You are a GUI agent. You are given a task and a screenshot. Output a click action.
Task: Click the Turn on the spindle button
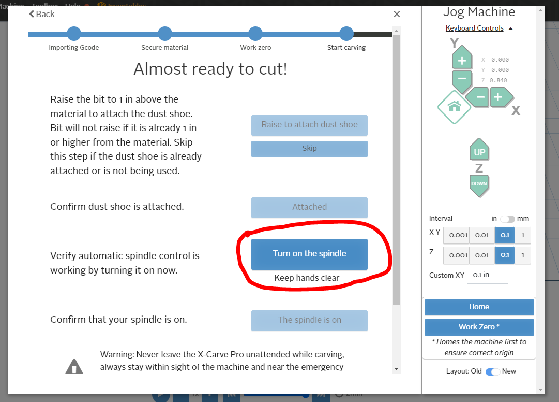[309, 254]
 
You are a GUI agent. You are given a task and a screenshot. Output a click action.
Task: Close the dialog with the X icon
[397, 14]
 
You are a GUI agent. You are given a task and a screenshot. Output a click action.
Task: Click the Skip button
[309, 149]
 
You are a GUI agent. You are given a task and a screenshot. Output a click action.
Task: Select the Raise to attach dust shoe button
[309, 125]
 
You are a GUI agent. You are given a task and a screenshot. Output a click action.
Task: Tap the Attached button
[309, 207]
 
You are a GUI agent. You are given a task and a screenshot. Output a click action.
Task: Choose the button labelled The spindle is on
[309, 320]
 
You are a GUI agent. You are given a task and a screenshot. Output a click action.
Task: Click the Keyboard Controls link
[475, 28]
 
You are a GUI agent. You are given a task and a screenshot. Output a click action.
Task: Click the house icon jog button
[454, 107]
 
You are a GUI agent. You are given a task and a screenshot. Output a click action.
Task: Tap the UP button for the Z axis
[479, 150]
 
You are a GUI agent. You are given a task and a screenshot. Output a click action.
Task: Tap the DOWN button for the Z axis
[479, 185]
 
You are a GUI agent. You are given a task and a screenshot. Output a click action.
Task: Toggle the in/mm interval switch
[507, 219]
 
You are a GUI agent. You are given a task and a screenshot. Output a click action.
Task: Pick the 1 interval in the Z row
[523, 255]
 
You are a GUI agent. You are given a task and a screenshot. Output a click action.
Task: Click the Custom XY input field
[487, 275]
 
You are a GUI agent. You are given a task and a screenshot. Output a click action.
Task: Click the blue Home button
[479, 307]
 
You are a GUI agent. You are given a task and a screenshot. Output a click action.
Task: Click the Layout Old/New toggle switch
[493, 371]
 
